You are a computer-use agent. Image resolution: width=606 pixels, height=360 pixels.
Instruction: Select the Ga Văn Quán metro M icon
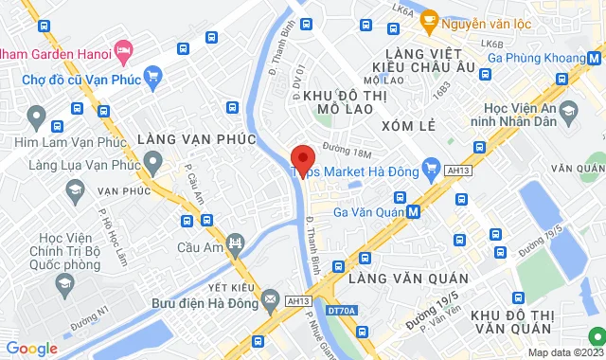[x=414, y=211]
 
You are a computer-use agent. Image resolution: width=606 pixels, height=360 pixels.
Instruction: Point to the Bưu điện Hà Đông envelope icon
[x=271, y=299]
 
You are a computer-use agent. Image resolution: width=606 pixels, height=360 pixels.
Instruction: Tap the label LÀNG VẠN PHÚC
[x=197, y=139]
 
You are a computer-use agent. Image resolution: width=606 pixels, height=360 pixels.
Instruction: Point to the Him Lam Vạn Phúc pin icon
[x=37, y=118]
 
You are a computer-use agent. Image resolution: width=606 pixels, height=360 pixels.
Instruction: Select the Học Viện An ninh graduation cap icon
[x=568, y=115]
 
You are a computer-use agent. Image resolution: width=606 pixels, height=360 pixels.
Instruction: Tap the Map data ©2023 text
[x=562, y=352]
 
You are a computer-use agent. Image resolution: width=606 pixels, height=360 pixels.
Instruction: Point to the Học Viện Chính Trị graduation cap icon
[x=64, y=283]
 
